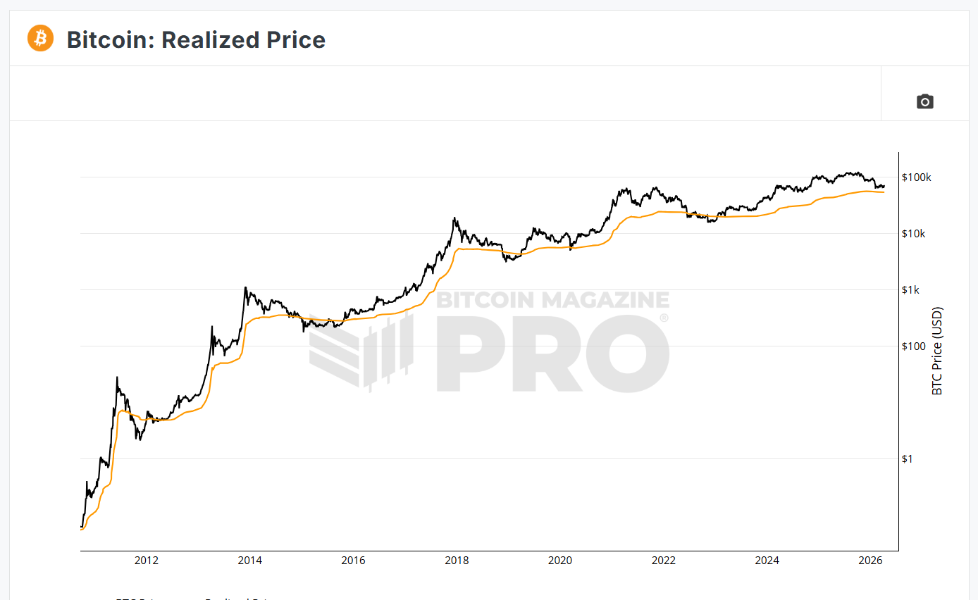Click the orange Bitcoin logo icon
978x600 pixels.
(40, 38)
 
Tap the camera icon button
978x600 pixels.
(924, 101)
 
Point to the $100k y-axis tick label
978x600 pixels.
(916, 177)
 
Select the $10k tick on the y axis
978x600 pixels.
(913, 234)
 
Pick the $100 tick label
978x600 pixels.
(912, 346)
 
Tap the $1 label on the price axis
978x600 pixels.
(907, 459)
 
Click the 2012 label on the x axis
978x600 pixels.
(146, 561)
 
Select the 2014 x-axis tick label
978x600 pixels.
(249, 561)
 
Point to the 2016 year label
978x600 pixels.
(353, 561)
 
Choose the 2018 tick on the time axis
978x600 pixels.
(457, 561)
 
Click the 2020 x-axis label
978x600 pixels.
(560, 561)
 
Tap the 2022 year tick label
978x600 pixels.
(664, 561)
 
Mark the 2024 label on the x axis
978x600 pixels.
(767, 561)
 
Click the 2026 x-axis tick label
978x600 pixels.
(871, 561)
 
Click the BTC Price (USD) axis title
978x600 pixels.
(937, 351)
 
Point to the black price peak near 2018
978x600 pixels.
(454, 219)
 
